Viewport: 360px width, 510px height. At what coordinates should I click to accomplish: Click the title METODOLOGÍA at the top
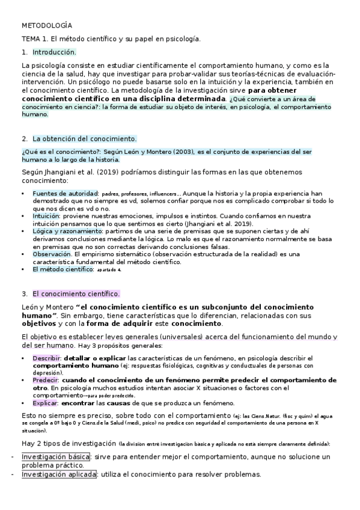[46, 26]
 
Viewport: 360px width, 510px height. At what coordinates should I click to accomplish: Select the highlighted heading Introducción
[54, 52]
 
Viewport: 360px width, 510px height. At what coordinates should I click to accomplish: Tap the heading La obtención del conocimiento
[85, 138]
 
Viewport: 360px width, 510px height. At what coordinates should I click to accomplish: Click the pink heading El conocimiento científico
[76, 294]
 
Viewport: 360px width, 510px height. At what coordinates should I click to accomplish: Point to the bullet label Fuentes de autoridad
[66, 193]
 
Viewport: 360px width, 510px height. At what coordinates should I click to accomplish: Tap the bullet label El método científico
[63, 269]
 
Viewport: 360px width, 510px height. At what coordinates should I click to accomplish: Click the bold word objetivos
[39, 323]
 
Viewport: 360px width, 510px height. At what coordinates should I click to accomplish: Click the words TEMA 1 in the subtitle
[34, 39]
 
